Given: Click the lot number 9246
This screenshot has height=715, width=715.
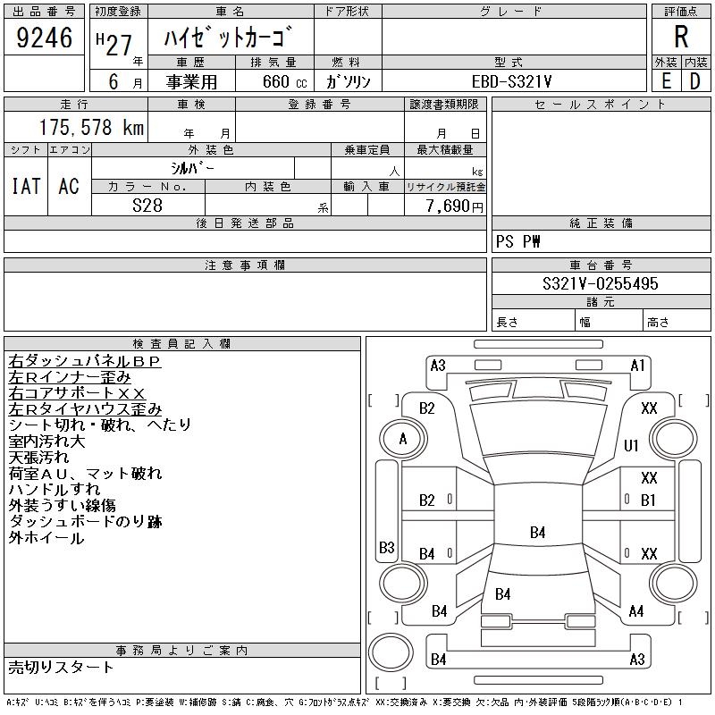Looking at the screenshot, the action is tap(44, 38).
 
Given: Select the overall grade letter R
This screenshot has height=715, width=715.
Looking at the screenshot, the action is tap(681, 37).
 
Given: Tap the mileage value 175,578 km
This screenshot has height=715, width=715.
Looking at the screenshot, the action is tap(92, 127).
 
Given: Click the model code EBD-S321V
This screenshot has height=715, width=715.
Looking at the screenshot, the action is tap(511, 81).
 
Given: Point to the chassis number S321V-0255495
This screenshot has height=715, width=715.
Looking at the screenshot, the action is tap(601, 283).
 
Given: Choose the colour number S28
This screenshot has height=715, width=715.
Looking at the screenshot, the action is tap(147, 206).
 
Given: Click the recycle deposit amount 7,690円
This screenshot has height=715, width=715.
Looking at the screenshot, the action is tap(454, 206).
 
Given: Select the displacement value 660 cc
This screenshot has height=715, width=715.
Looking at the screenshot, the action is tap(284, 81).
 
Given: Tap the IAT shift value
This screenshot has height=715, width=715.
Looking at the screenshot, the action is tap(26, 186).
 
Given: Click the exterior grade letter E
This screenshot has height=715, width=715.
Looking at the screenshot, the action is tap(667, 81).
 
